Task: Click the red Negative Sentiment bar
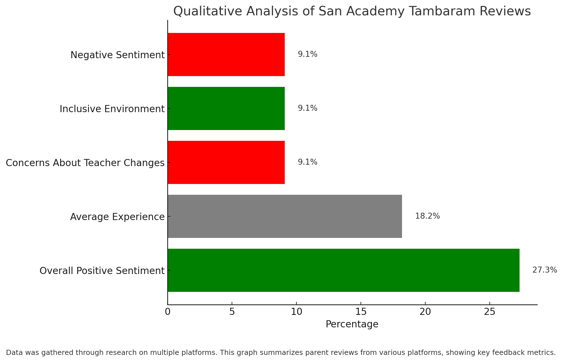coord(226,55)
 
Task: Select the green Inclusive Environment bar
coord(226,108)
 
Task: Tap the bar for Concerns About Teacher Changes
coord(226,162)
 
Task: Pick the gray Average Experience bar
coord(285,216)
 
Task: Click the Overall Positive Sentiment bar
coord(344,270)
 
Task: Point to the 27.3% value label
coord(545,270)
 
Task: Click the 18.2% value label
coord(427,216)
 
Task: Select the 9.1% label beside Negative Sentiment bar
coord(307,54)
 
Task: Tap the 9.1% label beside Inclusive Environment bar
coord(307,108)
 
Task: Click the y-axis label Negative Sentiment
coord(118,55)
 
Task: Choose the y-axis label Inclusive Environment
coord(112,109)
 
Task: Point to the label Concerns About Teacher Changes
coord(85,163)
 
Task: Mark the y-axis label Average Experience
coord(117,217)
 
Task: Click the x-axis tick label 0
coord(168,312)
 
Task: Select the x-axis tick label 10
coord(296,312)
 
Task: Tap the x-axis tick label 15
coord(361,312)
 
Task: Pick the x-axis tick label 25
coord(490,312)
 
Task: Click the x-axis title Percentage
coord(352,324)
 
